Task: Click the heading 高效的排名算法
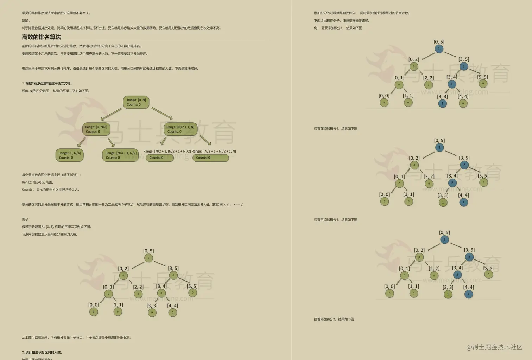click(x=42, y=37)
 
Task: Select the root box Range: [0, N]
click(x=136, y=102)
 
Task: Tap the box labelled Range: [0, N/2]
click(x=96, y=129)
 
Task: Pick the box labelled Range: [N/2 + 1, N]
click(x=180, y=129)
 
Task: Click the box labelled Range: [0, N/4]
click(x=69, y=155)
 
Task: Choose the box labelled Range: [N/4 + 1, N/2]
click(x=121, y=155)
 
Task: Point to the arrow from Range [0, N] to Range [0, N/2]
click(x=111, y=115)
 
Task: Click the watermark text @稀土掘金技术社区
click(x=494, y=347)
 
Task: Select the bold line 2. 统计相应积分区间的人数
click(x=42, y=352)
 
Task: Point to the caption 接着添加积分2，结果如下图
click(x=334, y=319)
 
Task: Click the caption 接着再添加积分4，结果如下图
click(x=335, y=220)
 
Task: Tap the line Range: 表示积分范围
click(x=38, y=182)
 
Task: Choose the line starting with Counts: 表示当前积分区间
click(x=51, y=189)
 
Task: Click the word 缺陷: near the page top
click(x=26, y=20)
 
